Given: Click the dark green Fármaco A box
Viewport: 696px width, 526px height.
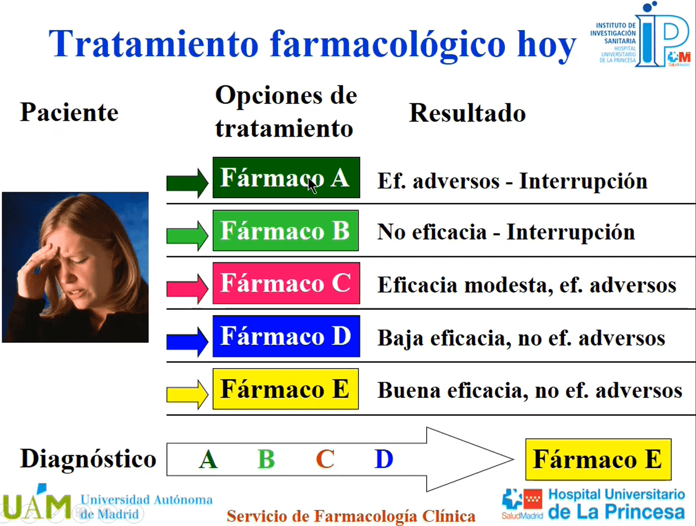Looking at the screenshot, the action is coord(286,178).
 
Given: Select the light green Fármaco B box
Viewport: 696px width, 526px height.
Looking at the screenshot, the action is coord(286,230).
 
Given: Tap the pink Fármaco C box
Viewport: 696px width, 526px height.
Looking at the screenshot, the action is coord(286,283).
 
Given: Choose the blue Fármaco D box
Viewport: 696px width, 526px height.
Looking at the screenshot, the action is coord(286,336).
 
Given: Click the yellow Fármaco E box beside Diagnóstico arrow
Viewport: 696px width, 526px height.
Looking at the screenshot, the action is coord(598,459).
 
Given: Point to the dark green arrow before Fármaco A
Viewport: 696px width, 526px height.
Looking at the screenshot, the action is coord(187,183).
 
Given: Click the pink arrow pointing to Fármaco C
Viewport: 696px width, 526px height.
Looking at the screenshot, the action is coord(187,288).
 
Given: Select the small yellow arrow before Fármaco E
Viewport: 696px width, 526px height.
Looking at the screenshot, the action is coord(187,394).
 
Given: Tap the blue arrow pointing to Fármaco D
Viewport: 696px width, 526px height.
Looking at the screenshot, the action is coord(187,342).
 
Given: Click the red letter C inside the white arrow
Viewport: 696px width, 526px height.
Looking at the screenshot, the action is coord(325,459).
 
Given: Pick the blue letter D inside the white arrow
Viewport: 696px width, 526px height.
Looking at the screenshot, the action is coord(383,459).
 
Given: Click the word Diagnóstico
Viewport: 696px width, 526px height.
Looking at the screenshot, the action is coord(88,459).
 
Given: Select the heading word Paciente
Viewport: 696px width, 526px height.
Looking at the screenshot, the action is coord(69,112).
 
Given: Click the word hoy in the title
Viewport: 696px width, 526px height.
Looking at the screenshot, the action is coord(546,44).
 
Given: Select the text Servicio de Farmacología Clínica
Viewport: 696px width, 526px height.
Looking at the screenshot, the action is coord(351,516).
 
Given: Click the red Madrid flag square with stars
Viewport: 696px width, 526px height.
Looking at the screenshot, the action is coord(532,499).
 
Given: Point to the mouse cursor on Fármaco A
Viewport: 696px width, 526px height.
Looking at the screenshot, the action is coord(312,186).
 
